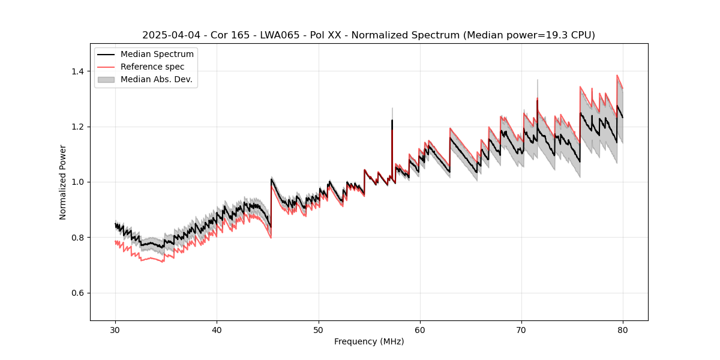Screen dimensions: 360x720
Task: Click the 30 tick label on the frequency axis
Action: [x=115, y=329]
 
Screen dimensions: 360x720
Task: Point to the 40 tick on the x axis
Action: [x=217, y=329]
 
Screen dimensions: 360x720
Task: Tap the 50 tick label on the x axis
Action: [x=318, y=329]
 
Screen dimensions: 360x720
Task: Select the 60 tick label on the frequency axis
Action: [x=419, y=329]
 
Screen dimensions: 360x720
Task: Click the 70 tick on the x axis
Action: [x=521, y=329]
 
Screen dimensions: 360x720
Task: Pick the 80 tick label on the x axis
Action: [x=623, y=329]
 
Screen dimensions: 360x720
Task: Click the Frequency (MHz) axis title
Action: [x=369, y=341]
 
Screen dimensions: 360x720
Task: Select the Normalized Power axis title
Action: [x=63, y=182]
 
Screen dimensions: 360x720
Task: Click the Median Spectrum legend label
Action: [x=157, y=55]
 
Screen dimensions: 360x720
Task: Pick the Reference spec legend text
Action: [x=152, y=67]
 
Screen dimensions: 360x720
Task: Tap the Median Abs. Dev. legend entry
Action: [x=157, y=79]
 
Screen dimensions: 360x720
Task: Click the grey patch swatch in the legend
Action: [x=106, y=79]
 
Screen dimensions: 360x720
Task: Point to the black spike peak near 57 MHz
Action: [x=392, y=120]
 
